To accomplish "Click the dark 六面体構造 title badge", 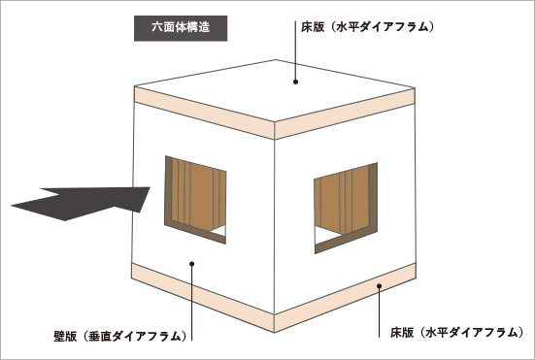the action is point(181,26).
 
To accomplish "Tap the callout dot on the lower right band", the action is point(381,285).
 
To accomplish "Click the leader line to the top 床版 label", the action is point(294,53).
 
